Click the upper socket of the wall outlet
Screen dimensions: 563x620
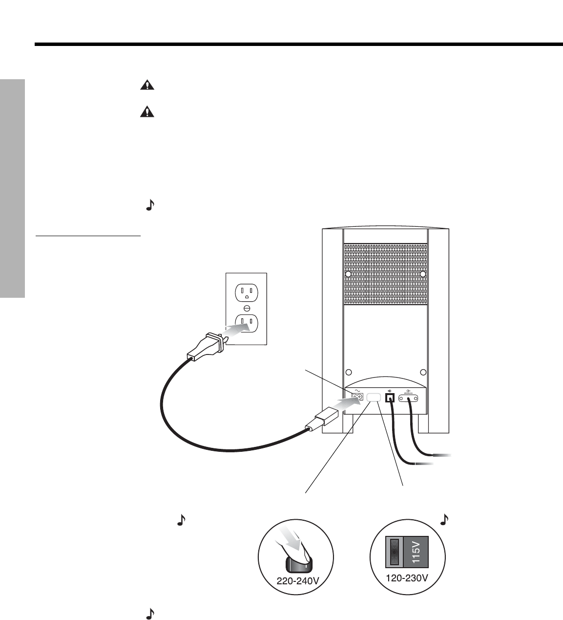[246, 293]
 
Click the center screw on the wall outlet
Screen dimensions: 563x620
[246, 308]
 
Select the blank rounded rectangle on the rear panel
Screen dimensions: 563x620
[374, 398]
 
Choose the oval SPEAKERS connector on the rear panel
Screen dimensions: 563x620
[409, 399]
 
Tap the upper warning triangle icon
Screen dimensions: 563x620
[146, 86]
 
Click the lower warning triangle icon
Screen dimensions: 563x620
[146, 112]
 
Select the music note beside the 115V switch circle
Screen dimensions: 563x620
[444, 520]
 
